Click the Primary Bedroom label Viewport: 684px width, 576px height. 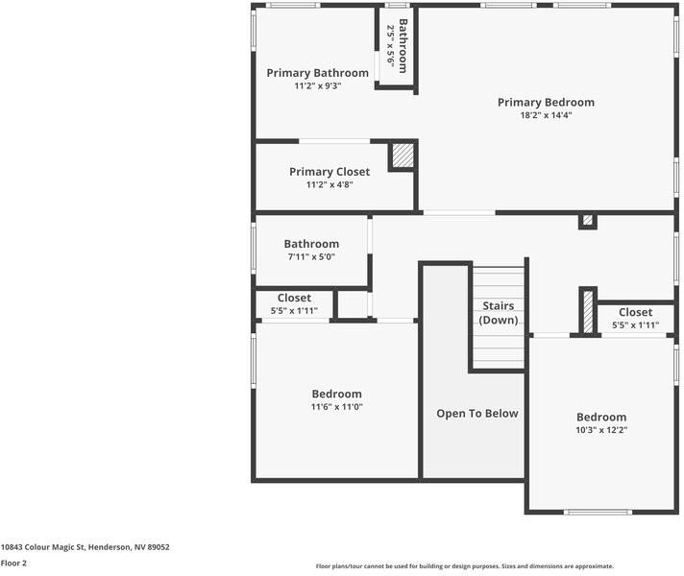pyautogui.click(x=546, y=103)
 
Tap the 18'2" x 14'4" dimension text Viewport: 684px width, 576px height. pyautogui.click(x=546, y=115)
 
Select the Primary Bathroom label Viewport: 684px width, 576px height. pyautogui.click(x=318, y=73)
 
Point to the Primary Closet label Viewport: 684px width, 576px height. pyautogui.click(x=330, y=172)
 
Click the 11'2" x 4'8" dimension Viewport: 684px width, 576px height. pyautogui.click(x=330, y=184)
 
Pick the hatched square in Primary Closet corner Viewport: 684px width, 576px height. pyautogui.click(x=403, y=156)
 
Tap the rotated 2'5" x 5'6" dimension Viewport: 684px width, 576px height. pyautogui.click(x=390, y=46)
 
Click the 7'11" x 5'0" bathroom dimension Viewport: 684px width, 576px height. pyautogui.click(x=311, y=257)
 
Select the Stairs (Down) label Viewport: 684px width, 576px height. pyautogui.click(x=499, y=313)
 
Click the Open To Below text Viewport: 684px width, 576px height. pyautogui.click(x=477, y=414)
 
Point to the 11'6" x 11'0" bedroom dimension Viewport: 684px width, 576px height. pyautogui.click(x=337, y=407)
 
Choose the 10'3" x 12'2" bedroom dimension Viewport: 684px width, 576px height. pyautogui.click(x=601, y=430)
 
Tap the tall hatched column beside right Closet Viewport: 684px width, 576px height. pyautogui.click(x=588, y=312)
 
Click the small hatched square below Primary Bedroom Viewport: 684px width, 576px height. pyautogui.click(x=588, y=220)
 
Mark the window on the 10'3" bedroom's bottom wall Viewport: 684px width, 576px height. pyautogui.click(x=598, y=512)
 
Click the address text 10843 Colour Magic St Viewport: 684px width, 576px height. pyautogui.click(x=42, y=547)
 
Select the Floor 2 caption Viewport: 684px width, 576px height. pyautogui.click(x=13, y=563)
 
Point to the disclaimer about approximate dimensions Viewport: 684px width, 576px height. pyautogui.click(x=465, y=566)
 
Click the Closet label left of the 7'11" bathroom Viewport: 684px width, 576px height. pyautogui.click(x=294, y=298)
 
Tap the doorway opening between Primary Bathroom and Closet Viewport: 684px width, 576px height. pyautogui.click(x=334, y=141)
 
